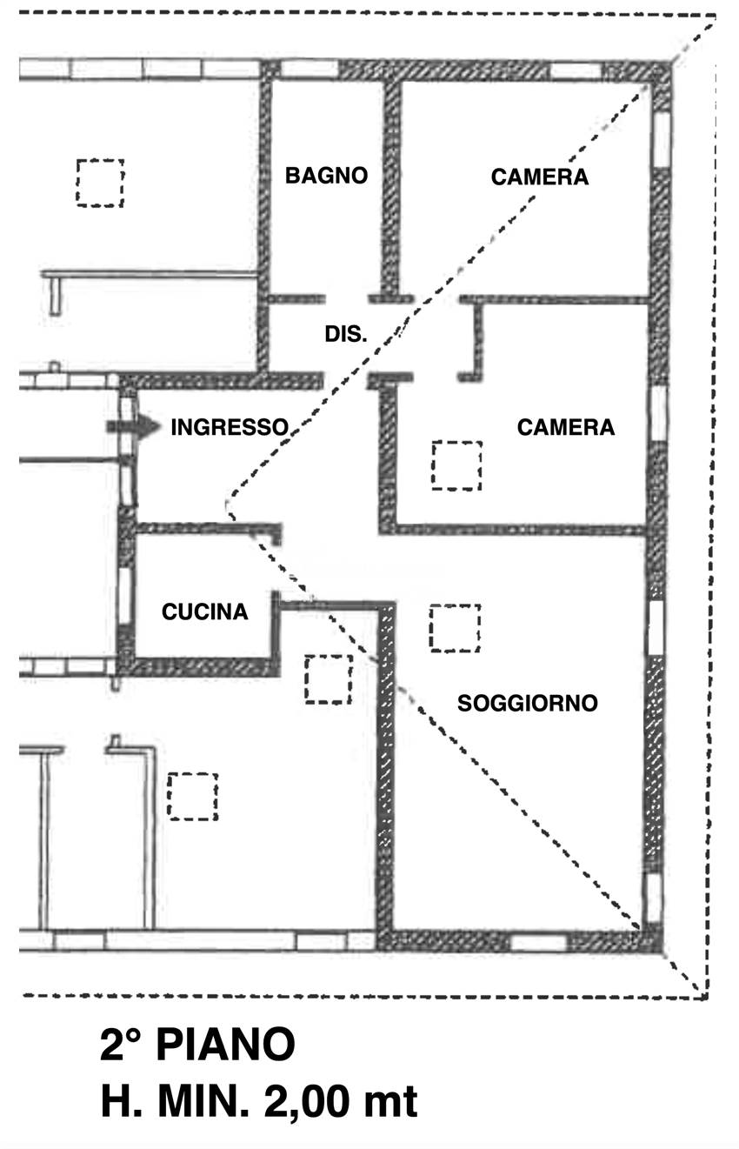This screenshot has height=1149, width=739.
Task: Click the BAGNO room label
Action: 327,176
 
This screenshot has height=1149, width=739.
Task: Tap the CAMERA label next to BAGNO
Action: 539,177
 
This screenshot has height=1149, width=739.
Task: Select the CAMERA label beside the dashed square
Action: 565,428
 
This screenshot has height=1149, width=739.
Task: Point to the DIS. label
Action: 345,334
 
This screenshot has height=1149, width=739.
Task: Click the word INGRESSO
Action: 230,427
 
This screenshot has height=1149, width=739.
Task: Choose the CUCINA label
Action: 205,612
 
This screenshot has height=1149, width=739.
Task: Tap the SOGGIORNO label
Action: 528,703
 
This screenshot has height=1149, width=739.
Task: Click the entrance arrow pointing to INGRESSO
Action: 133,426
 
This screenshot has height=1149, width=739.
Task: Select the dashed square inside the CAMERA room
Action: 456,465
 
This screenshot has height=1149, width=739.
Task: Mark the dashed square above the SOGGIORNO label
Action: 454,628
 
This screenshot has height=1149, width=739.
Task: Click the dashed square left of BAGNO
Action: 99,183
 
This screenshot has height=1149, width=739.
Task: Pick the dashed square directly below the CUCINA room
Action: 328,678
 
